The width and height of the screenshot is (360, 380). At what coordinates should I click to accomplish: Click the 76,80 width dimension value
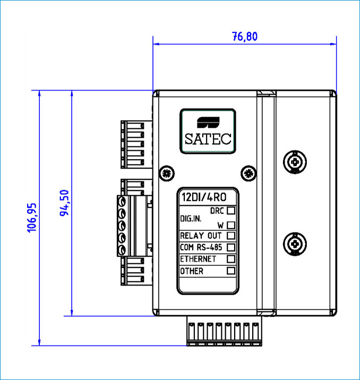pos(244,37)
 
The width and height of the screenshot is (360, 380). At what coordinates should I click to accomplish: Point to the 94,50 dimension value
pos(65,204)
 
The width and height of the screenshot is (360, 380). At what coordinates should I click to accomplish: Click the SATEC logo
pos(208,131)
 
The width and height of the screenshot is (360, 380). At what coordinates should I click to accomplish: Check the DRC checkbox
pos(230,211)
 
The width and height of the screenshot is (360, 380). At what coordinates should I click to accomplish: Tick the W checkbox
pos(230,224)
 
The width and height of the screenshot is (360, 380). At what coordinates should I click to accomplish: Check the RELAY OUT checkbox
pos(230,235)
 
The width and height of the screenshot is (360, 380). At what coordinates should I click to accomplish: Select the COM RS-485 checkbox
pos(230,247)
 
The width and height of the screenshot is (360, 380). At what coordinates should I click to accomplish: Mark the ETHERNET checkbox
pos(230,259)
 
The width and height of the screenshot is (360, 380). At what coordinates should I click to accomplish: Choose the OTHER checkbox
pos(230,271)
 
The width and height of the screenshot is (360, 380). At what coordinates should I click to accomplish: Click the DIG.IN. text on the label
pos(191,218)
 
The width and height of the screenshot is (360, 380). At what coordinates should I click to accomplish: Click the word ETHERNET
pos(198,259)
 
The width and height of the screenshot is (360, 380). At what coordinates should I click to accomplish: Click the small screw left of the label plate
pos(167,172)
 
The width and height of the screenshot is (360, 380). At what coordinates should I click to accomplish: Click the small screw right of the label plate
pos(246,172)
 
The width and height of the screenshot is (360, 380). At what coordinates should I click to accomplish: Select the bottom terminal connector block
pos(225,332)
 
